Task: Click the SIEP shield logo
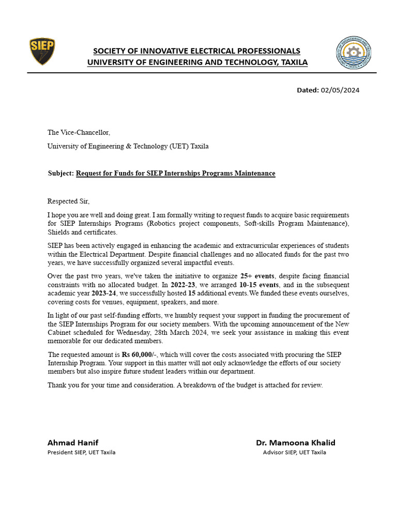tap(42, 52)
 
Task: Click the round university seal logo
tap(354, 53)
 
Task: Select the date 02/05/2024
tap(340, 90)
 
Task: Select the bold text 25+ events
tap(257, 276)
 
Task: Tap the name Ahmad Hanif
tap(73, 443)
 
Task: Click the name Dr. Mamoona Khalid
tap(295, 443)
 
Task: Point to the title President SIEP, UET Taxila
tap(81, 453)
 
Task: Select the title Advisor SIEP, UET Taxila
tap(294, 453)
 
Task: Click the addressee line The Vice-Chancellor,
tap(79, 133)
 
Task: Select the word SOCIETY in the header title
tap(110, 51)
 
